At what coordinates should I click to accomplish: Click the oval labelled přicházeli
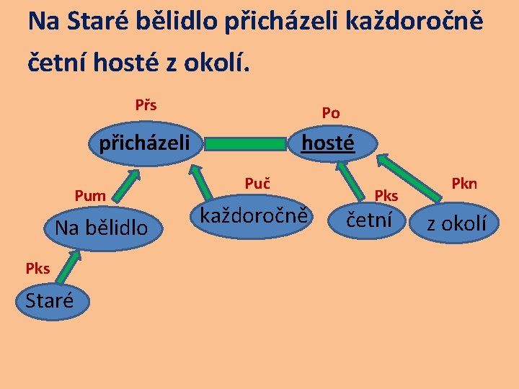pos(144,143)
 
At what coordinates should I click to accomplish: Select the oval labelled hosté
pos(328,143)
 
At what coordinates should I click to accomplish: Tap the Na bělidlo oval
pos(102,228)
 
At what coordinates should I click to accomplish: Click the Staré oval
pos(49,300)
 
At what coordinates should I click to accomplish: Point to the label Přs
pos(146,106)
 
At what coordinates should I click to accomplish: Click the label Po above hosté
pos(331,113)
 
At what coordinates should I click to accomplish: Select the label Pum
pos(90,195)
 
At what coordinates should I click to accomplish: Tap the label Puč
pos(257,184)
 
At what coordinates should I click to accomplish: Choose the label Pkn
pos(464,184)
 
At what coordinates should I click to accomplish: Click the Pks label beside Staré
pos(37,269)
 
